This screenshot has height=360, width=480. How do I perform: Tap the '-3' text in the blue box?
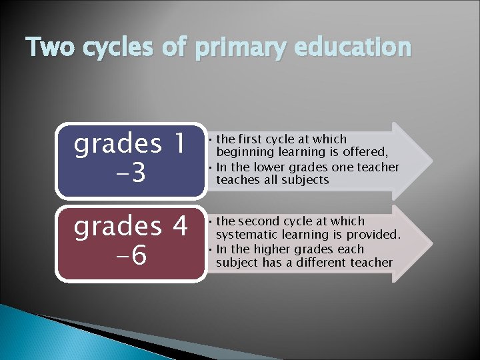(x=130, y=175)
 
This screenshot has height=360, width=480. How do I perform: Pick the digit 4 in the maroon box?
(x=178, y=227)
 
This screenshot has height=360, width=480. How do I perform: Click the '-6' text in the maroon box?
(x=130, y=257)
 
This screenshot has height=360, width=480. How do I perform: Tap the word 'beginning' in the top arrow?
(x=243, y=153)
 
